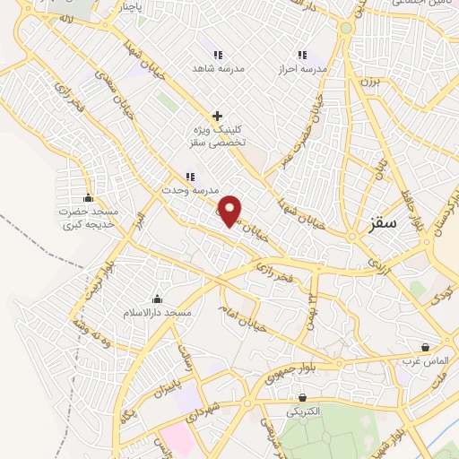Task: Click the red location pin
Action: pos(231,212)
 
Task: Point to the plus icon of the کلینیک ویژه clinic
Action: pos(216,116)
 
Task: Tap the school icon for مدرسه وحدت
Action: pos(189,177)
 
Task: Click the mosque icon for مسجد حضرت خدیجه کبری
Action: pos(88,198)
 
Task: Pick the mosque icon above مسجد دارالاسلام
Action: pos(158,299)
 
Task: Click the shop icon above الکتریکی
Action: pos(303,397)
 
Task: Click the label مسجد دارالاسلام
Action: pos(158,314)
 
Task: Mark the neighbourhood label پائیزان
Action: pos(169,388)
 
